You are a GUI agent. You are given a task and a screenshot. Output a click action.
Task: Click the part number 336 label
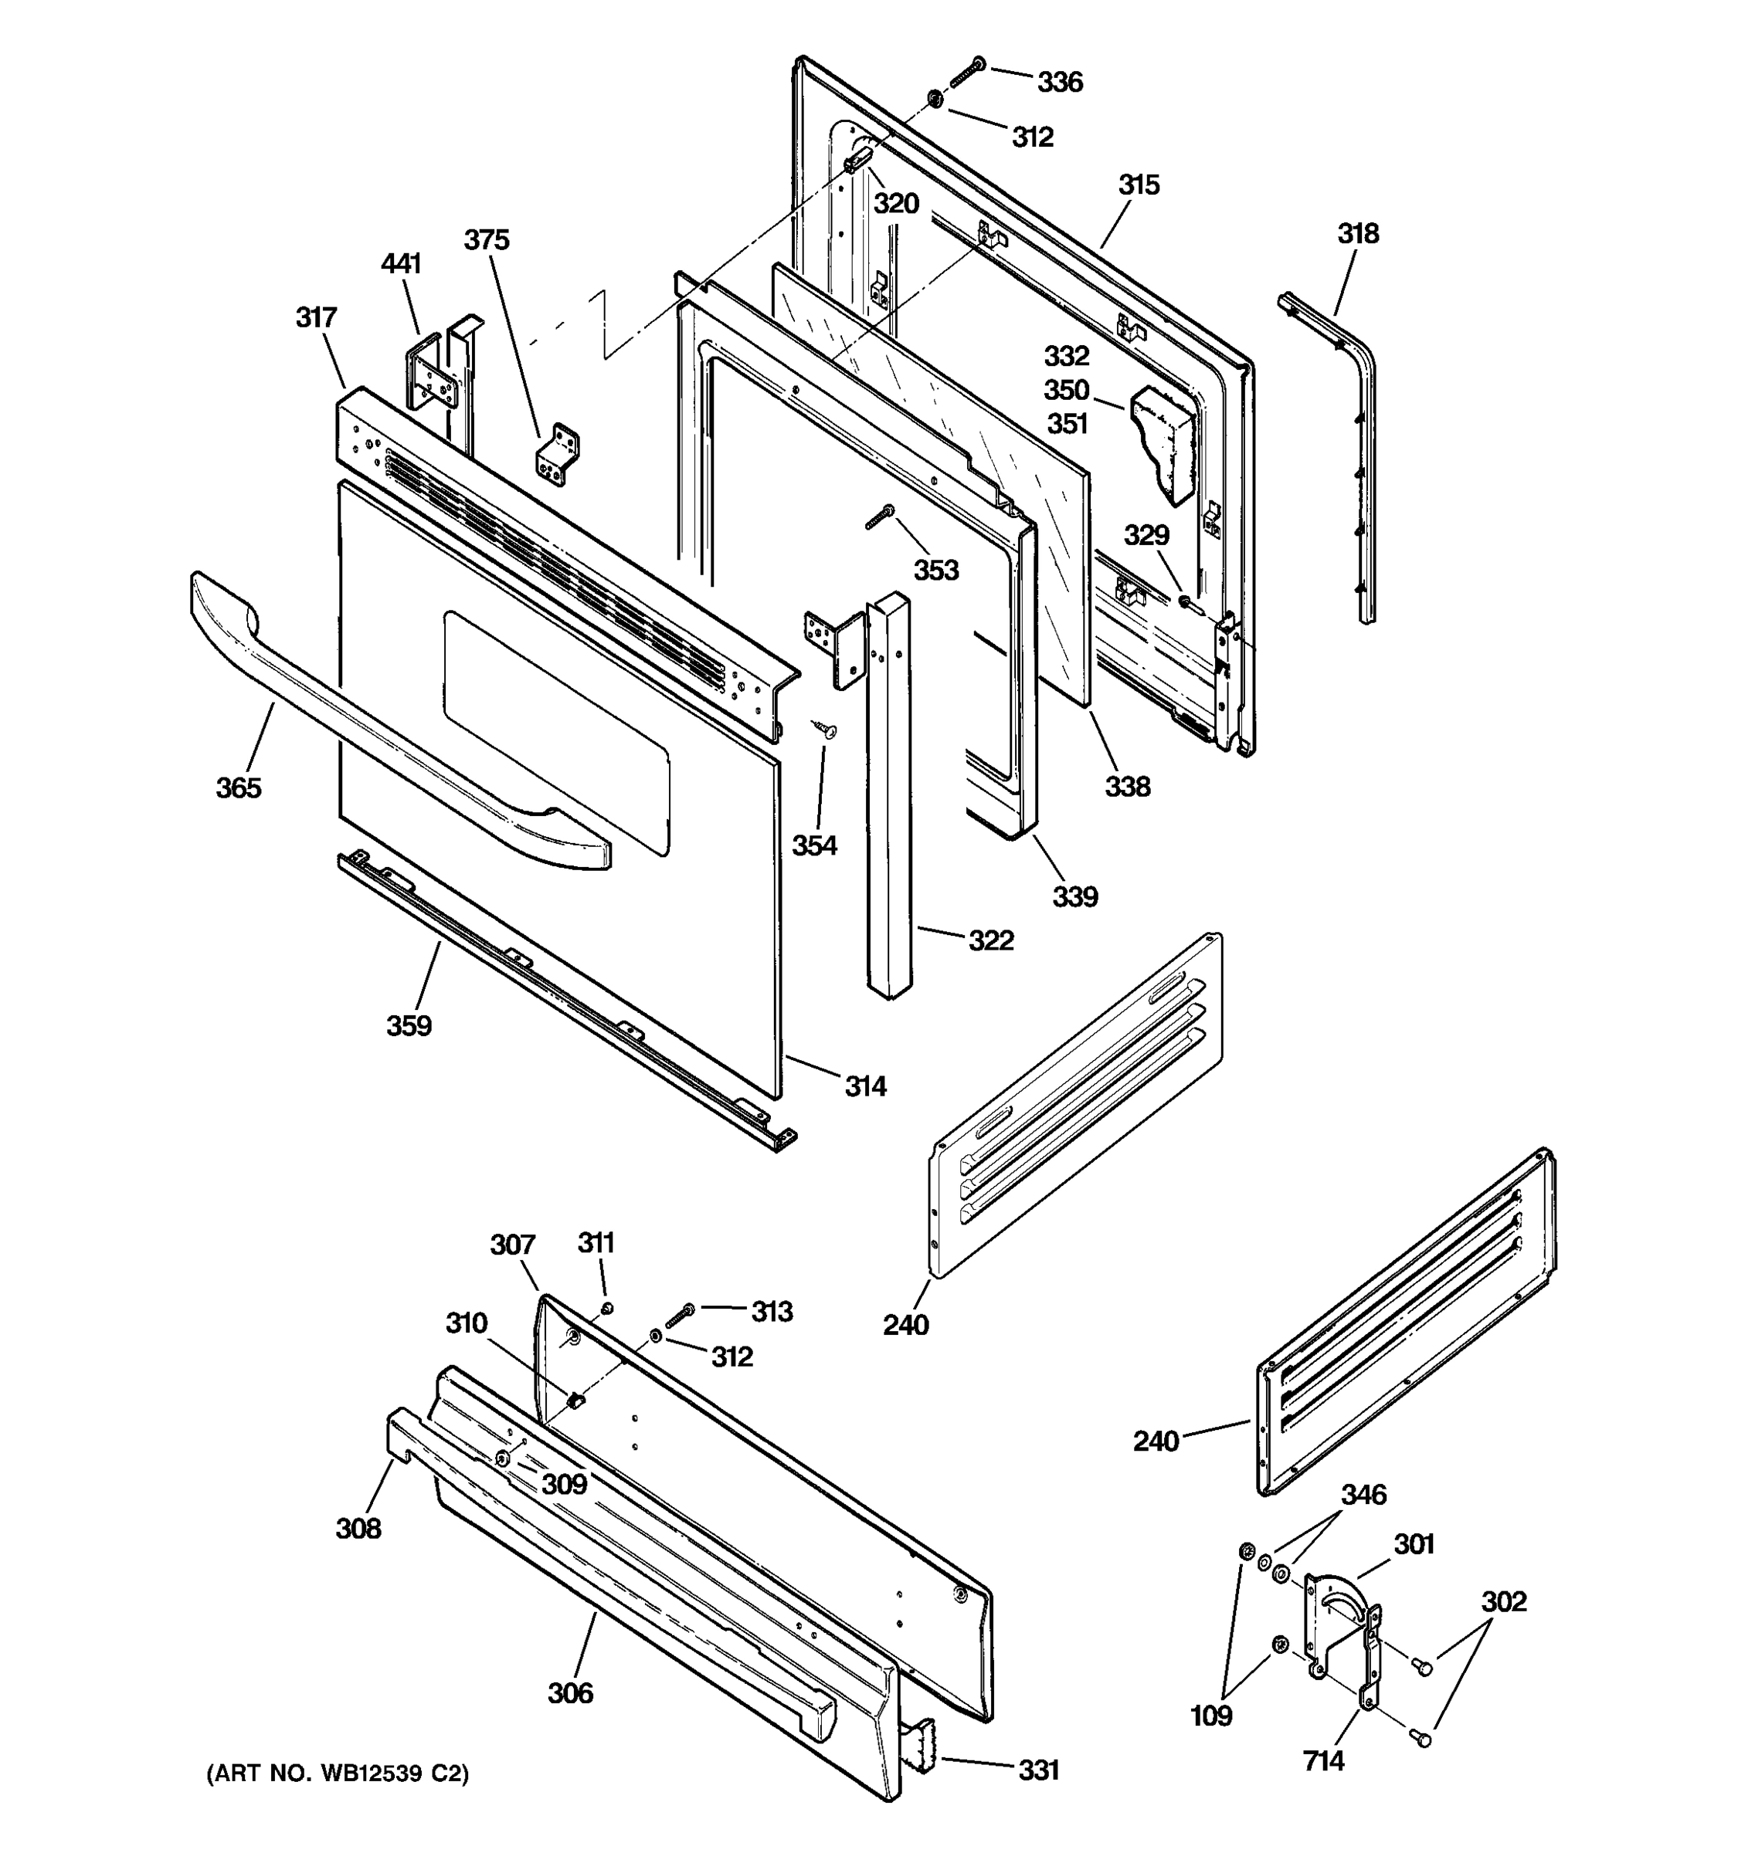point(1060,82)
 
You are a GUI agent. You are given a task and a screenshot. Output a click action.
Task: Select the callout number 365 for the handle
point(239,788)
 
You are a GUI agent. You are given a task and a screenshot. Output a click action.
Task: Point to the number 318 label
point(1358,233)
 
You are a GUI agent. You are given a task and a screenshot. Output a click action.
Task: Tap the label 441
point(401,264)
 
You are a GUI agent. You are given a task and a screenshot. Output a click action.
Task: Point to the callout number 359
point(409,1025)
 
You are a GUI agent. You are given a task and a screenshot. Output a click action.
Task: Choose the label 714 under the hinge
point(1323,1760)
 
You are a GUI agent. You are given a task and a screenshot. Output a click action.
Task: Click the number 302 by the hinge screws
point(1503,1601)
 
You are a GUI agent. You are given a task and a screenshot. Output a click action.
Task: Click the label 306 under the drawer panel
point(570,1692)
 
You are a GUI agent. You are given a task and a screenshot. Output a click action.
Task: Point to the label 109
point(1211,1715)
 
